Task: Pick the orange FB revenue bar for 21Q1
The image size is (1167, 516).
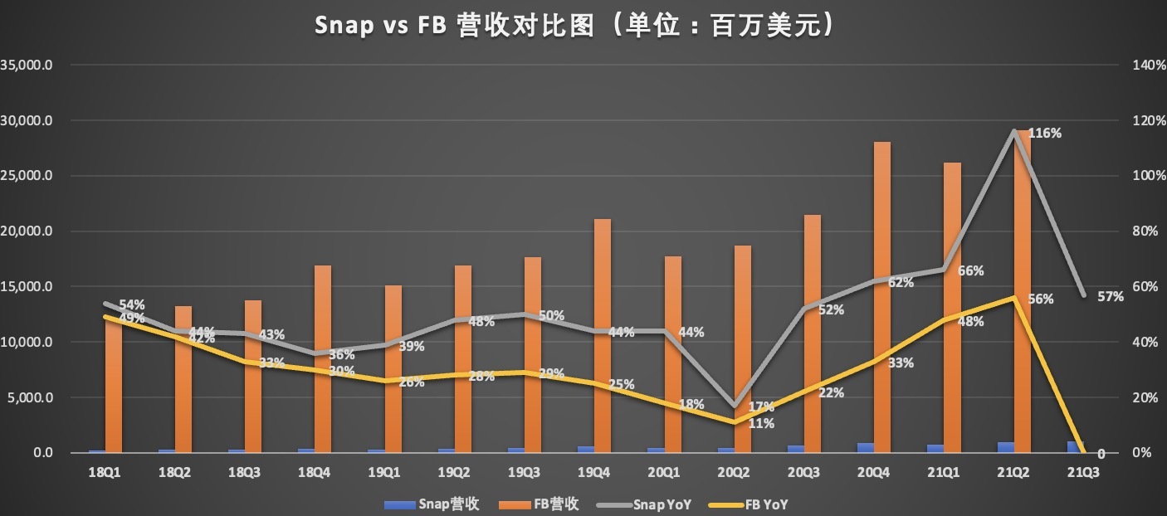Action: tap(952, 307)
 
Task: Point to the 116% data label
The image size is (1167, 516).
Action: tap(1045, 133)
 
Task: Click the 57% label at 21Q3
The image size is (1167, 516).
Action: tap(1110, 296)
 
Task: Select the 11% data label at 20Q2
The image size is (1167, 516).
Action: tap(761, 423)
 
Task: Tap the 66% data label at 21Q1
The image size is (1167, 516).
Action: tap(970, 270)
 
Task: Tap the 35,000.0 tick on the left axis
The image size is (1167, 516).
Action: tap(28, 65)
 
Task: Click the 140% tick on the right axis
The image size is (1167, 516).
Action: tap(1143, 65)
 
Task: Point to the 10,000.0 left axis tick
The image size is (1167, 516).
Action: tap(28, 342)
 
